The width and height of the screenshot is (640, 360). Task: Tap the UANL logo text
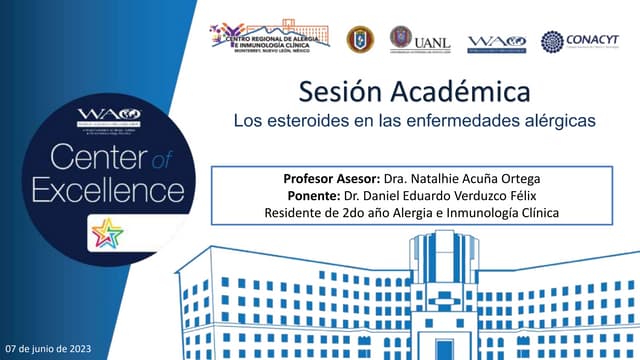(x=431, y=43)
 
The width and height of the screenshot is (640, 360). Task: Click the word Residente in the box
(x=297, y=213)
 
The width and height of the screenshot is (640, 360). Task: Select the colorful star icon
(x=107, y=234)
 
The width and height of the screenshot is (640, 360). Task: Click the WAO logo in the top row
(x=497, y=41)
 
